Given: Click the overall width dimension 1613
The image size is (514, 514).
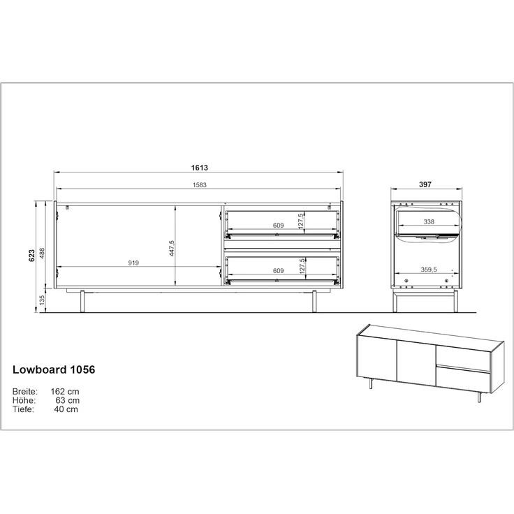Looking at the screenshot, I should pos(200,168).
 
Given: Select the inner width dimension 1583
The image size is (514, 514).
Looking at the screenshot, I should pos(200,185).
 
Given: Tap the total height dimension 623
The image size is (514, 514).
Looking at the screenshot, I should pos(31,256).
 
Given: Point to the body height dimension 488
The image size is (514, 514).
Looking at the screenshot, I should pos(42,252).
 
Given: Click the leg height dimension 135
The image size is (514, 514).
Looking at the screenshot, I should pos(42,300).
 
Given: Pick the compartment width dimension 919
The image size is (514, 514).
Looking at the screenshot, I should pos(133,263).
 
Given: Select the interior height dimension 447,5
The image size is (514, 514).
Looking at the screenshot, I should pos(171,248).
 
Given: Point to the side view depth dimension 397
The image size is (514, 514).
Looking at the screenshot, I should pos(426,185).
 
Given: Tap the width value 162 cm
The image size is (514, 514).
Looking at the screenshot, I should pos(64,392).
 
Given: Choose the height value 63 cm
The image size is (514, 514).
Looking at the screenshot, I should pos(67,401).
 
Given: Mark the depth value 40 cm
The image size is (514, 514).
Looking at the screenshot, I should pos(66,410).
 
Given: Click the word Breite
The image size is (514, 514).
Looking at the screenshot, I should pos(25,392).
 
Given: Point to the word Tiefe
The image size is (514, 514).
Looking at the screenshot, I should pos(23,410).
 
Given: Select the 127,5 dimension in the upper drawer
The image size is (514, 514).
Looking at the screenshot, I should pos(300,221).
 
